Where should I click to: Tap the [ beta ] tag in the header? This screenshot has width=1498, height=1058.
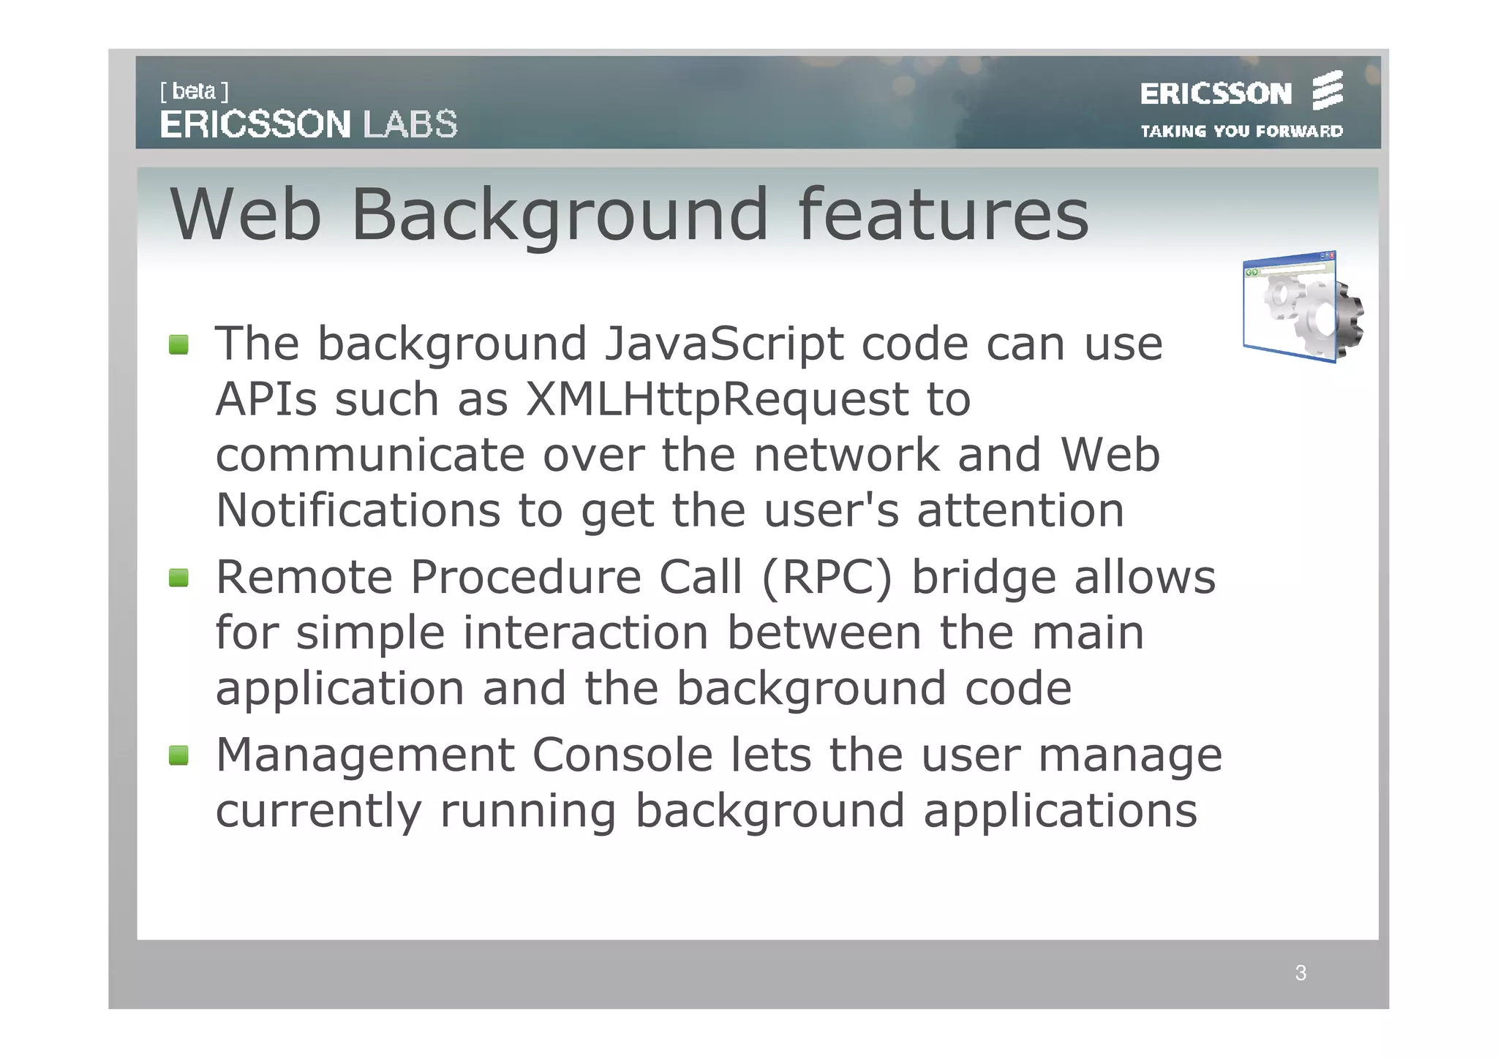[194, 91]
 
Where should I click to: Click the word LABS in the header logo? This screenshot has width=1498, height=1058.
[410, 124]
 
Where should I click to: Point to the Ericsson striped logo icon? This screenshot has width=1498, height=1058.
[1328, 91]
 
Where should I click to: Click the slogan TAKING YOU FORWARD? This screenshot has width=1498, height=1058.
[1241, 132]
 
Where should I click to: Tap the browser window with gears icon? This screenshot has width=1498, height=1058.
[1302, 307]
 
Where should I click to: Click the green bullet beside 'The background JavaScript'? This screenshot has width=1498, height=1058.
[178, 344]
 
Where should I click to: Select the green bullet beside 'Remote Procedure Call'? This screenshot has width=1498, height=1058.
[178, 578]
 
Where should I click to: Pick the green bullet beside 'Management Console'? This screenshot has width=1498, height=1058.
[178, 755]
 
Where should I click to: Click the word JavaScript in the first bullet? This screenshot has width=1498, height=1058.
[723, 344]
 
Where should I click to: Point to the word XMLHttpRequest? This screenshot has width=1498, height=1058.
[717, 400]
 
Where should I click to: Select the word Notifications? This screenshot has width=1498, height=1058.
[358, 510]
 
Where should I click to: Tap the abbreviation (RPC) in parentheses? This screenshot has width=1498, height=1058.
[827, 578]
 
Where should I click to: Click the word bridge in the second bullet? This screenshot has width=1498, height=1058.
[984, 578]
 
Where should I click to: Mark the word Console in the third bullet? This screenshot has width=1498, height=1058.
[622, 755]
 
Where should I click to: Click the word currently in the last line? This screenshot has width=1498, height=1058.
[318, 812]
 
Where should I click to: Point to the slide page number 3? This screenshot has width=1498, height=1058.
[1301, 973]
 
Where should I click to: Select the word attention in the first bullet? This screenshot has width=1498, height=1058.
[1020, 510]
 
